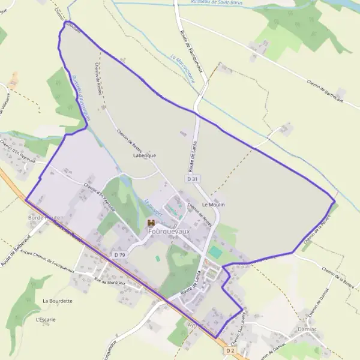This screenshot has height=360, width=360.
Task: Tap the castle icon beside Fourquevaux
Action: pyautogui.click(x=151, y=223)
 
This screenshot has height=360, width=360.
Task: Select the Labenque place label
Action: pyautogui.click(x=145, y=155)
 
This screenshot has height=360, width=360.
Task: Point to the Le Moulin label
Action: pyautogui.click(x=213, y=205)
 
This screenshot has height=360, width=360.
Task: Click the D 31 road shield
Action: pyautogui.click(x=192, y=179)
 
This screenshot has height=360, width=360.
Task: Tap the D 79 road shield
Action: pyautogui.click(x=119, y=255)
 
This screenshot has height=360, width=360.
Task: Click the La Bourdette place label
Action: pyautogui.click(x=58, y=301)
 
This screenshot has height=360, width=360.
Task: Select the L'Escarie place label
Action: pyautogui.click(x=46, y=319)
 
